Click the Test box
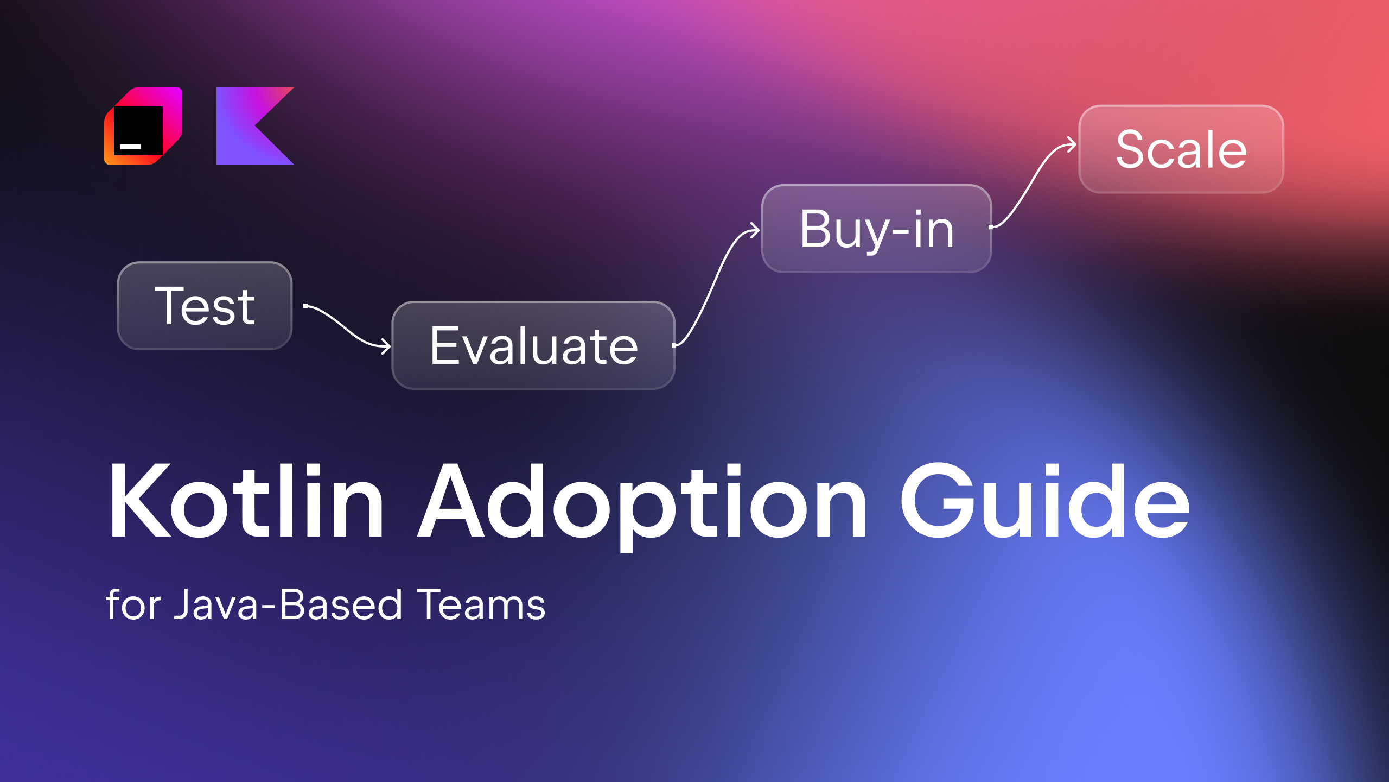pyautogui.click(x=205, y=306)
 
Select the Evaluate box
pyautogui.click(x=533, y=345)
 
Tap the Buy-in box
pyautogui.click(x=876, y=229)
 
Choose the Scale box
pyautogui.click(x=1181, y=149)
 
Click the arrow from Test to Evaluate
pyautogui.click(x=347, y=326)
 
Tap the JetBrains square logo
pyautogui.click(x=143, y=126)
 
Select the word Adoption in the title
pyautogui.click(x=643, y=502)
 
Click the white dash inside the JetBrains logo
pyautogui.click(x=130, y=147)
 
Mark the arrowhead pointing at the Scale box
pyautogui.click(x=1072, y=145)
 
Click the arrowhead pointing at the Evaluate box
pyautogui.click(x=386, y=346)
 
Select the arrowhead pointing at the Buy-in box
pyautogui.click(x=755, y=230)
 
